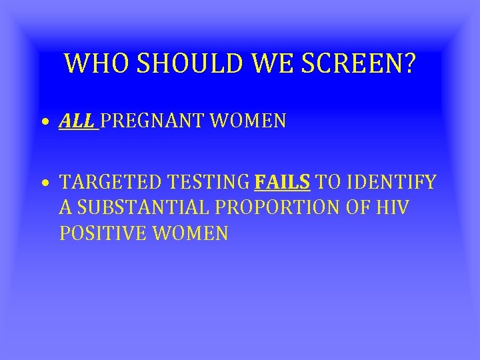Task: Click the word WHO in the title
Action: click(x=90, y=64)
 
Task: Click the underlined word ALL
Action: click(x=77, y=121)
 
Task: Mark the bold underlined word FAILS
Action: click(x=282, y=183)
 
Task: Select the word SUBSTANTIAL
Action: click(x=143, y=208)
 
